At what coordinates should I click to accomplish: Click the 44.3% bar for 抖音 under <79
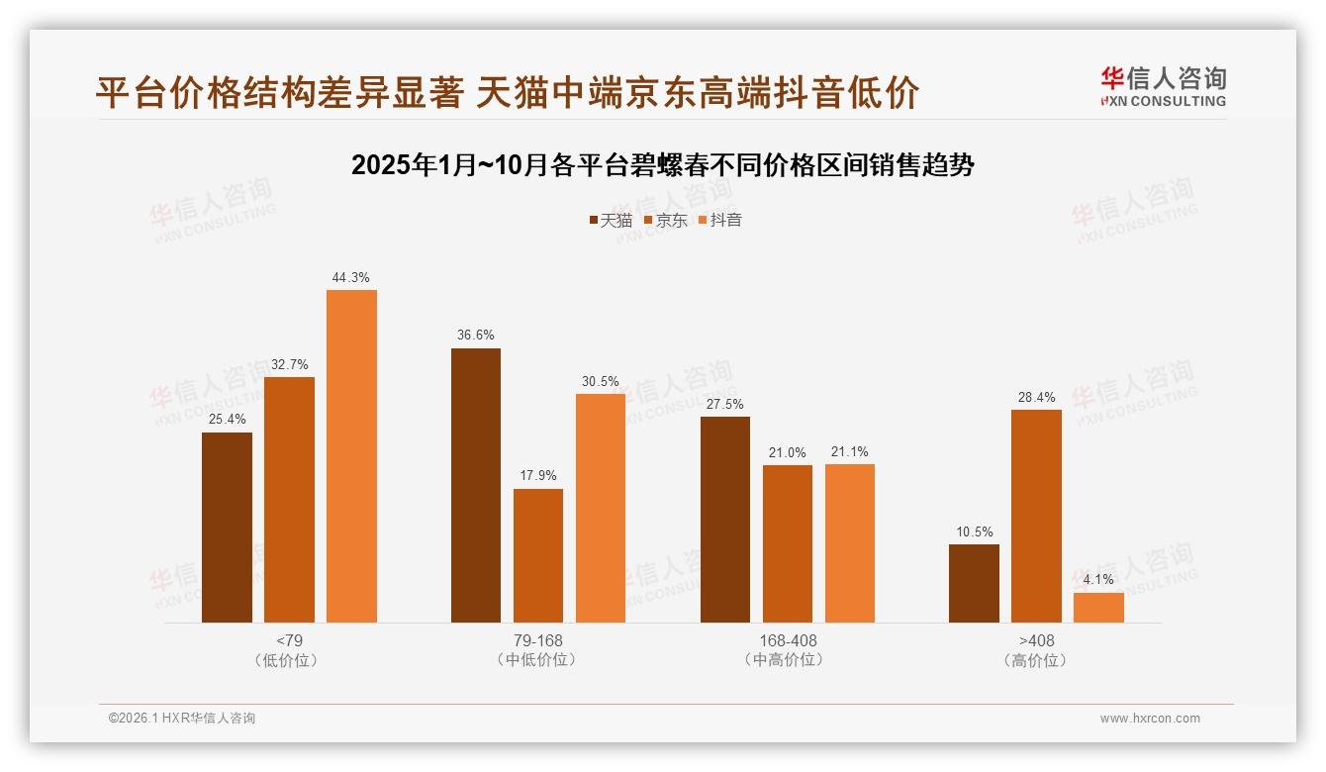pyautogui.click(x=351, y=455)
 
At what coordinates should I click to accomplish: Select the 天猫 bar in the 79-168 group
pyautogui.click(x=476, y=485)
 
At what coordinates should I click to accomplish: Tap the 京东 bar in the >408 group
pyautogui.click(x=1036, y=516)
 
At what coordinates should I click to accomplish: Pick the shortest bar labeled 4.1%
pyautogui.click(x=1098, y=608)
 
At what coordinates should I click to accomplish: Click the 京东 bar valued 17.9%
pyautogui.click(x=538, y=555)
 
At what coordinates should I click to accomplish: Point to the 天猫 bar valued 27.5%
pyautogui.click(x=725, y=520)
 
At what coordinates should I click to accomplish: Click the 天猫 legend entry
pyautogui.click(x=611, y=221)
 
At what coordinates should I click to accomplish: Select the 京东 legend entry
pyautogui.click(x=665, y=221)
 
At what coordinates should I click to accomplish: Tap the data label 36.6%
pyautogui.click(x=476, y=336)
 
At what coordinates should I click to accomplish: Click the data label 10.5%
pyautogui.click(x=974, y=532)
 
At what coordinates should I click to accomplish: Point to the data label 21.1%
pyautogui.click(x=850, y=452)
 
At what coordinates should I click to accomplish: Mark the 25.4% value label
pyautogui.click(x=227, y=420)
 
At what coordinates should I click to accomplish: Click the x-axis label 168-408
pyautogui.click(x=788, y=640)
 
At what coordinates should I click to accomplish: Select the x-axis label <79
pyautogui.click(x=289, y=640)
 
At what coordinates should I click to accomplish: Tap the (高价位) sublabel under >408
pyautogui.click(x=1036, y=660)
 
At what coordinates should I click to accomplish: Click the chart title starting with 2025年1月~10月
pyautogui.click(x=663, y=165)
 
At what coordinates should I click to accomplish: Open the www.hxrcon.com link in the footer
pyautogui.click(x=1150, y=719)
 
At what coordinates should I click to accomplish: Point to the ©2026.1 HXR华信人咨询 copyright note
pyautogui.click(x=182, y=719)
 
